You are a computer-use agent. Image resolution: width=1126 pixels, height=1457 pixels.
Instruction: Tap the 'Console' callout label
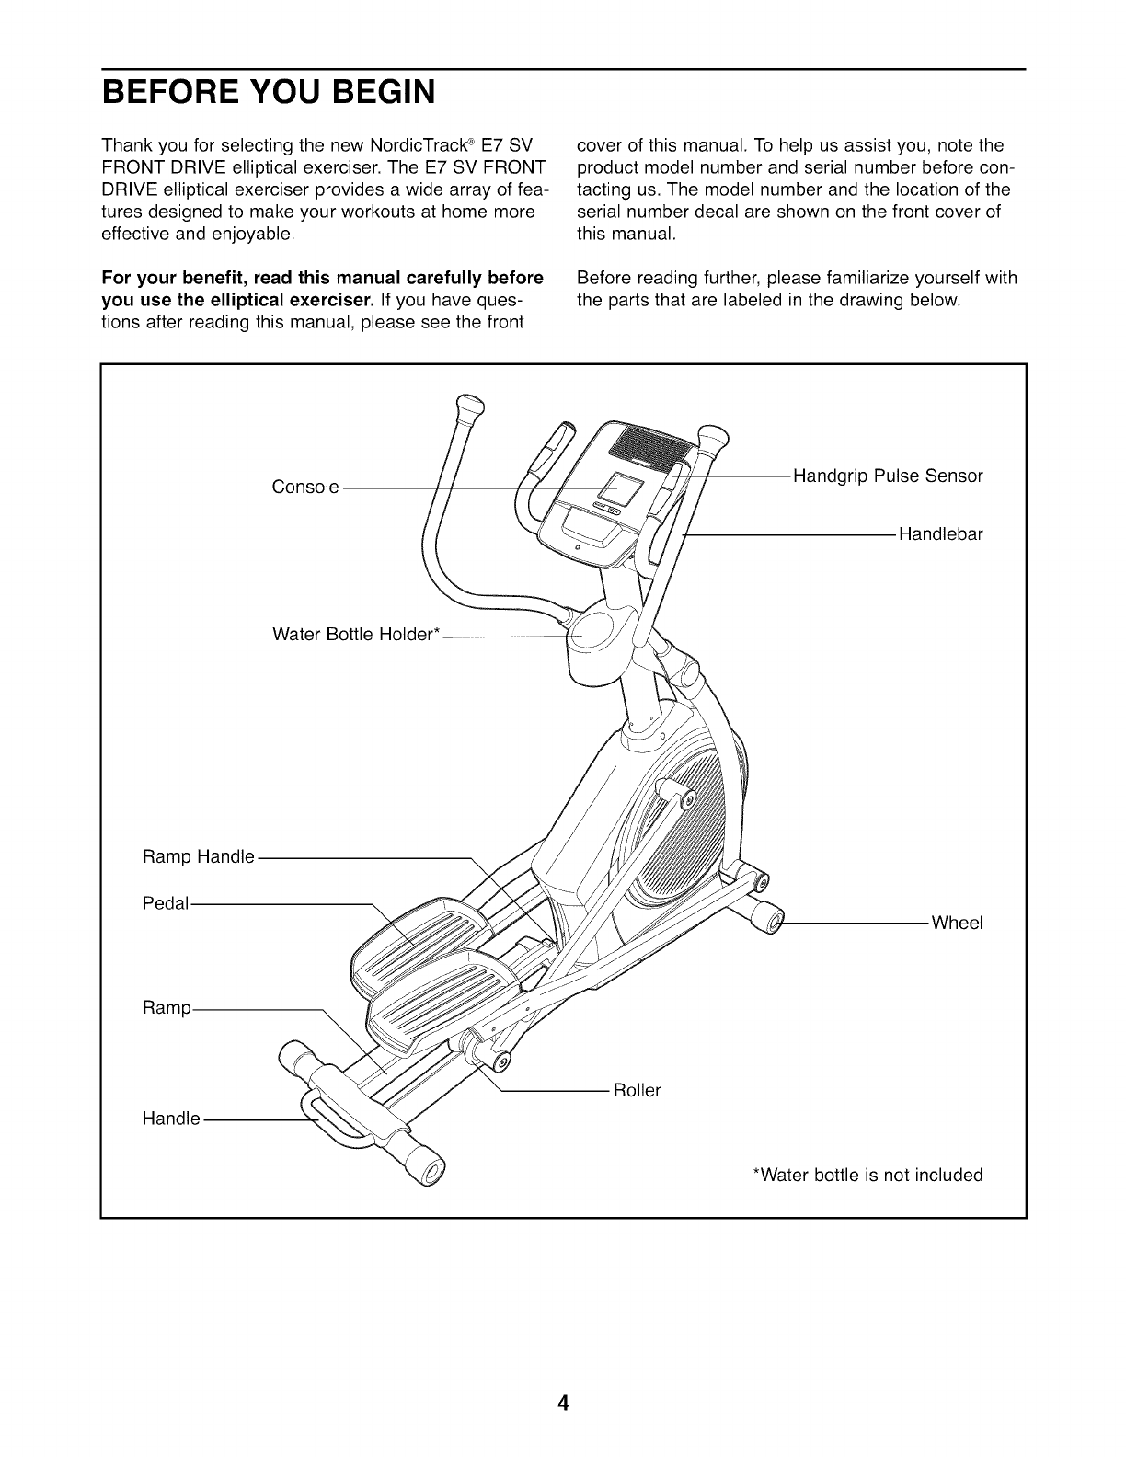[305, 487]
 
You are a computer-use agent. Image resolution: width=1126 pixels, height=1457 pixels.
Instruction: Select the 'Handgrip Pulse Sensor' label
[888, 476]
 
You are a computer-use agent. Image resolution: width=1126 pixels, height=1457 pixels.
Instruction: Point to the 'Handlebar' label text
[940, 533]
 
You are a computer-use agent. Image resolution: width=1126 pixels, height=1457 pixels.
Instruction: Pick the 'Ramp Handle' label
[199, 857]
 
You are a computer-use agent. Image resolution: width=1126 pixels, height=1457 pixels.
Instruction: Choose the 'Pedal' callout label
[166, 904]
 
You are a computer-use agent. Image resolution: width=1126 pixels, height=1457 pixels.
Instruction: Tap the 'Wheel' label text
[957, 923]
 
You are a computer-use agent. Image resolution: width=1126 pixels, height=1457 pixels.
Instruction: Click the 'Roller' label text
[637, 1091]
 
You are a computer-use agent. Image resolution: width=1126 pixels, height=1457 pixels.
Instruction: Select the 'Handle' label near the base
[171, 1119]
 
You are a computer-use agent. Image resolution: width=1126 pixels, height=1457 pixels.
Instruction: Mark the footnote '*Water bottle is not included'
[867, 1175]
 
